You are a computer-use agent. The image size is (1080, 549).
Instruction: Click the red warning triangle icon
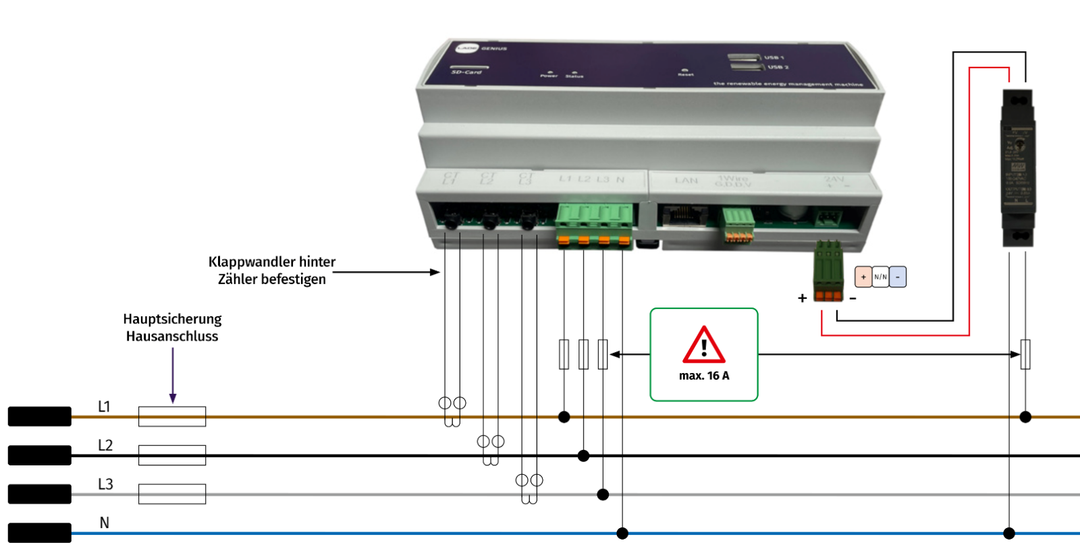pyautogui.click(x=704, y=345)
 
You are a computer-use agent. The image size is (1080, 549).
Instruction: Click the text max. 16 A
pyautogui.click(x=704, y=376)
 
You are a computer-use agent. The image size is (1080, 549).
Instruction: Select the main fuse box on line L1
pyautogui.click(x=172, y=416)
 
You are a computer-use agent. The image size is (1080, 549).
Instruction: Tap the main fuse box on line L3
pyautogui.click(x=172, y=494)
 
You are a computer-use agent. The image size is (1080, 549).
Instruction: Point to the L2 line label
pyautogui.click(x=105, y=445)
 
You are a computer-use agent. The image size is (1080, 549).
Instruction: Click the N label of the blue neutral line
pyautogui.click(x=104, y=523)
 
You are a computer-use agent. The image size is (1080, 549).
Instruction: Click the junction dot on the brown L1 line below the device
pyautogui.click(x=564, y=417)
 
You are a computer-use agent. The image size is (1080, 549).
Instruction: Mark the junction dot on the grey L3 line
pyautogui.click(x=603, y=494)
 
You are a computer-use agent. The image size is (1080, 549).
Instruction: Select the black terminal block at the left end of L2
pyautogui.click(x=39, y=455)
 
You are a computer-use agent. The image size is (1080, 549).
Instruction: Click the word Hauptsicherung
pyautogui.click(x=172, y=319)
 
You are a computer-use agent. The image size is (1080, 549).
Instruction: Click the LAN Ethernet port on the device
pyautogui.click(x=683, y=215)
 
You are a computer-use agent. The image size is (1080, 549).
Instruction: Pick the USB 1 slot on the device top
pyautogui.click(x=745, y=57)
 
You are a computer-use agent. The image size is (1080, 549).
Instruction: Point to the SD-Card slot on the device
pyautogui.click(x=470, y=67)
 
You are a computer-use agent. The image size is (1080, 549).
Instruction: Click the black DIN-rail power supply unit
pyautogui.click(x=1018, y=169)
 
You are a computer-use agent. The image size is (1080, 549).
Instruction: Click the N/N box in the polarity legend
pyautogui.click(x=880, y=277)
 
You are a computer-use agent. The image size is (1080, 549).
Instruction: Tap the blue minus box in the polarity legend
pyautogui.click(x=898, y=277)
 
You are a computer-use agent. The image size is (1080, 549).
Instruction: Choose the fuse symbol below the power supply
pyautogui.click(x=1025, y=354)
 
